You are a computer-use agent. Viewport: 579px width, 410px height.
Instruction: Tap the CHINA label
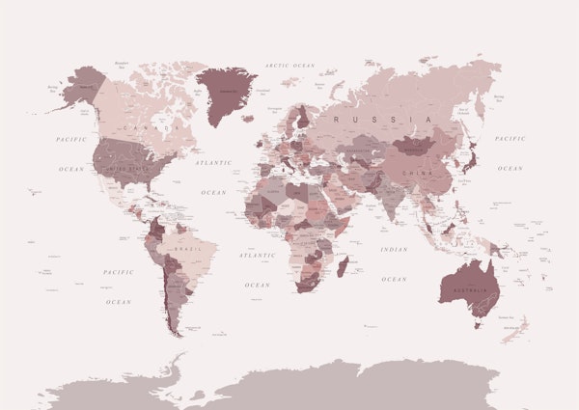(x=419, y=174)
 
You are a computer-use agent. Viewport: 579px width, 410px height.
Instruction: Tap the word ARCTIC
(x=279, y=65)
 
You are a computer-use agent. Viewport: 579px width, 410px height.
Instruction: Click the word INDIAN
(x=394, y=250)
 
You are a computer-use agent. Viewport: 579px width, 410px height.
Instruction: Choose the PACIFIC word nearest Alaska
(x=70, y=139)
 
